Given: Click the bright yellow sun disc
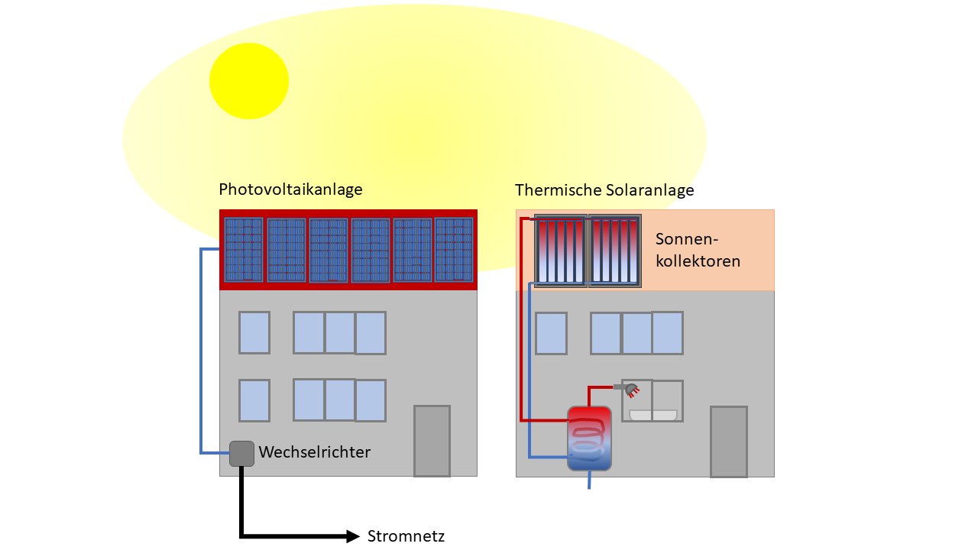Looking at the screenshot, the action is click(249, 81).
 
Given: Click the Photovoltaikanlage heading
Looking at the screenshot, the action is click(290, 189).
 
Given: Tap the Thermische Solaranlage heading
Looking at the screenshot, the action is click(604, 190).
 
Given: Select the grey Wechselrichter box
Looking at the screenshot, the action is click(241, 454).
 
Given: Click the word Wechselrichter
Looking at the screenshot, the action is click(314, 452).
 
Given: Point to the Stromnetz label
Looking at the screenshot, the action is click(406, 536).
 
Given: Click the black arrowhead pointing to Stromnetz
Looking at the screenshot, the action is click(353, 536).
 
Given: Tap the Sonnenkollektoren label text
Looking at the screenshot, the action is click(698, 250).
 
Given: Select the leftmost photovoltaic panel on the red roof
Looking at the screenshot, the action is click(244, 250).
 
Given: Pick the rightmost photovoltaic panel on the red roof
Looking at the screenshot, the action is click(454, 250).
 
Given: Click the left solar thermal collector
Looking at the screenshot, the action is click(561, 251).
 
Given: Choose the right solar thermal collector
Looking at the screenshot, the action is click(615, 251).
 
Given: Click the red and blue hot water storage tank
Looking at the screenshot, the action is click(589, 438).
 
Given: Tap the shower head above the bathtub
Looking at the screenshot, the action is click(631, 390).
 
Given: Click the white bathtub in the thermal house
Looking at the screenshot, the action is click(653, 415).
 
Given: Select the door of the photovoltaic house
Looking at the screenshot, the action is click(432, 441).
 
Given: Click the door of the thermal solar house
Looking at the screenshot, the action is click(729, 442).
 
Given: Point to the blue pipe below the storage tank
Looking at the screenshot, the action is click(589, 480).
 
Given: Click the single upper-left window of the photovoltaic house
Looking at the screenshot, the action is click(254, 332).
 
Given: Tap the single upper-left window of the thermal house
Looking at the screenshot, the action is click(551, 333).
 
